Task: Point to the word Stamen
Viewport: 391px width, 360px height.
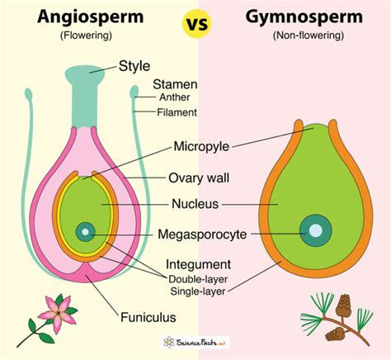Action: coord(173,84)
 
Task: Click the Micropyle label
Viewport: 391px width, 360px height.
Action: coord(202,147)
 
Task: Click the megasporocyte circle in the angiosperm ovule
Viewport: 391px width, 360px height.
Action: coord(85,233)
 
